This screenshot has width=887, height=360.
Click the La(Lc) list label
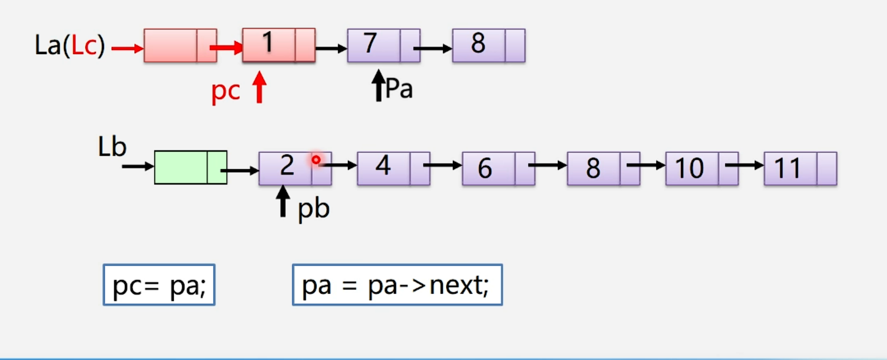[69, 45]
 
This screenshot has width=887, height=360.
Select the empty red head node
[180, 45]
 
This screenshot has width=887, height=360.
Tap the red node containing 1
[278, 45]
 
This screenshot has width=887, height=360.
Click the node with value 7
[383, 45]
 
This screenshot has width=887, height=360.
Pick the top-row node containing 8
[488, 45]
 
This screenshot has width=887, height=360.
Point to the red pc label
[225, 91]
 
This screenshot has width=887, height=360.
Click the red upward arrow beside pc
[259, 88]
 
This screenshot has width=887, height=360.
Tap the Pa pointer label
[399, 89]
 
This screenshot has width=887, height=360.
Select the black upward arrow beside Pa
[378, 85]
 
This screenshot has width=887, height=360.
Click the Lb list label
[112, 147]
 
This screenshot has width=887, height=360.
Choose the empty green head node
[190, 167]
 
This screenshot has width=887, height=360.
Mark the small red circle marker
[316, 160]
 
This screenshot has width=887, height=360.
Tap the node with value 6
[498, 169]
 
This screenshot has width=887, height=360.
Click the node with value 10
[702, 169]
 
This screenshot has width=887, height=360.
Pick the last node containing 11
[800, 169]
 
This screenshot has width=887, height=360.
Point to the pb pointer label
[313, 208]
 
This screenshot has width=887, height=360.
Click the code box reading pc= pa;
[159, 285]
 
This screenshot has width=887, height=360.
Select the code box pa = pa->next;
[397, 285]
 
